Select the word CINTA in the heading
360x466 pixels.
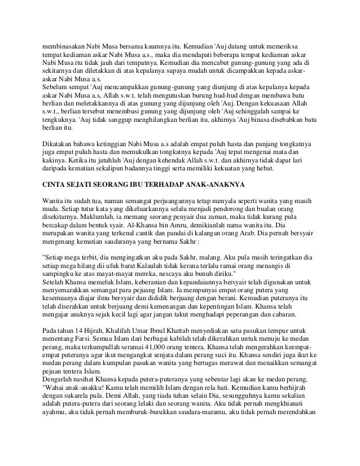56,184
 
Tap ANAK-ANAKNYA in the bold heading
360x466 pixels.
232,184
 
